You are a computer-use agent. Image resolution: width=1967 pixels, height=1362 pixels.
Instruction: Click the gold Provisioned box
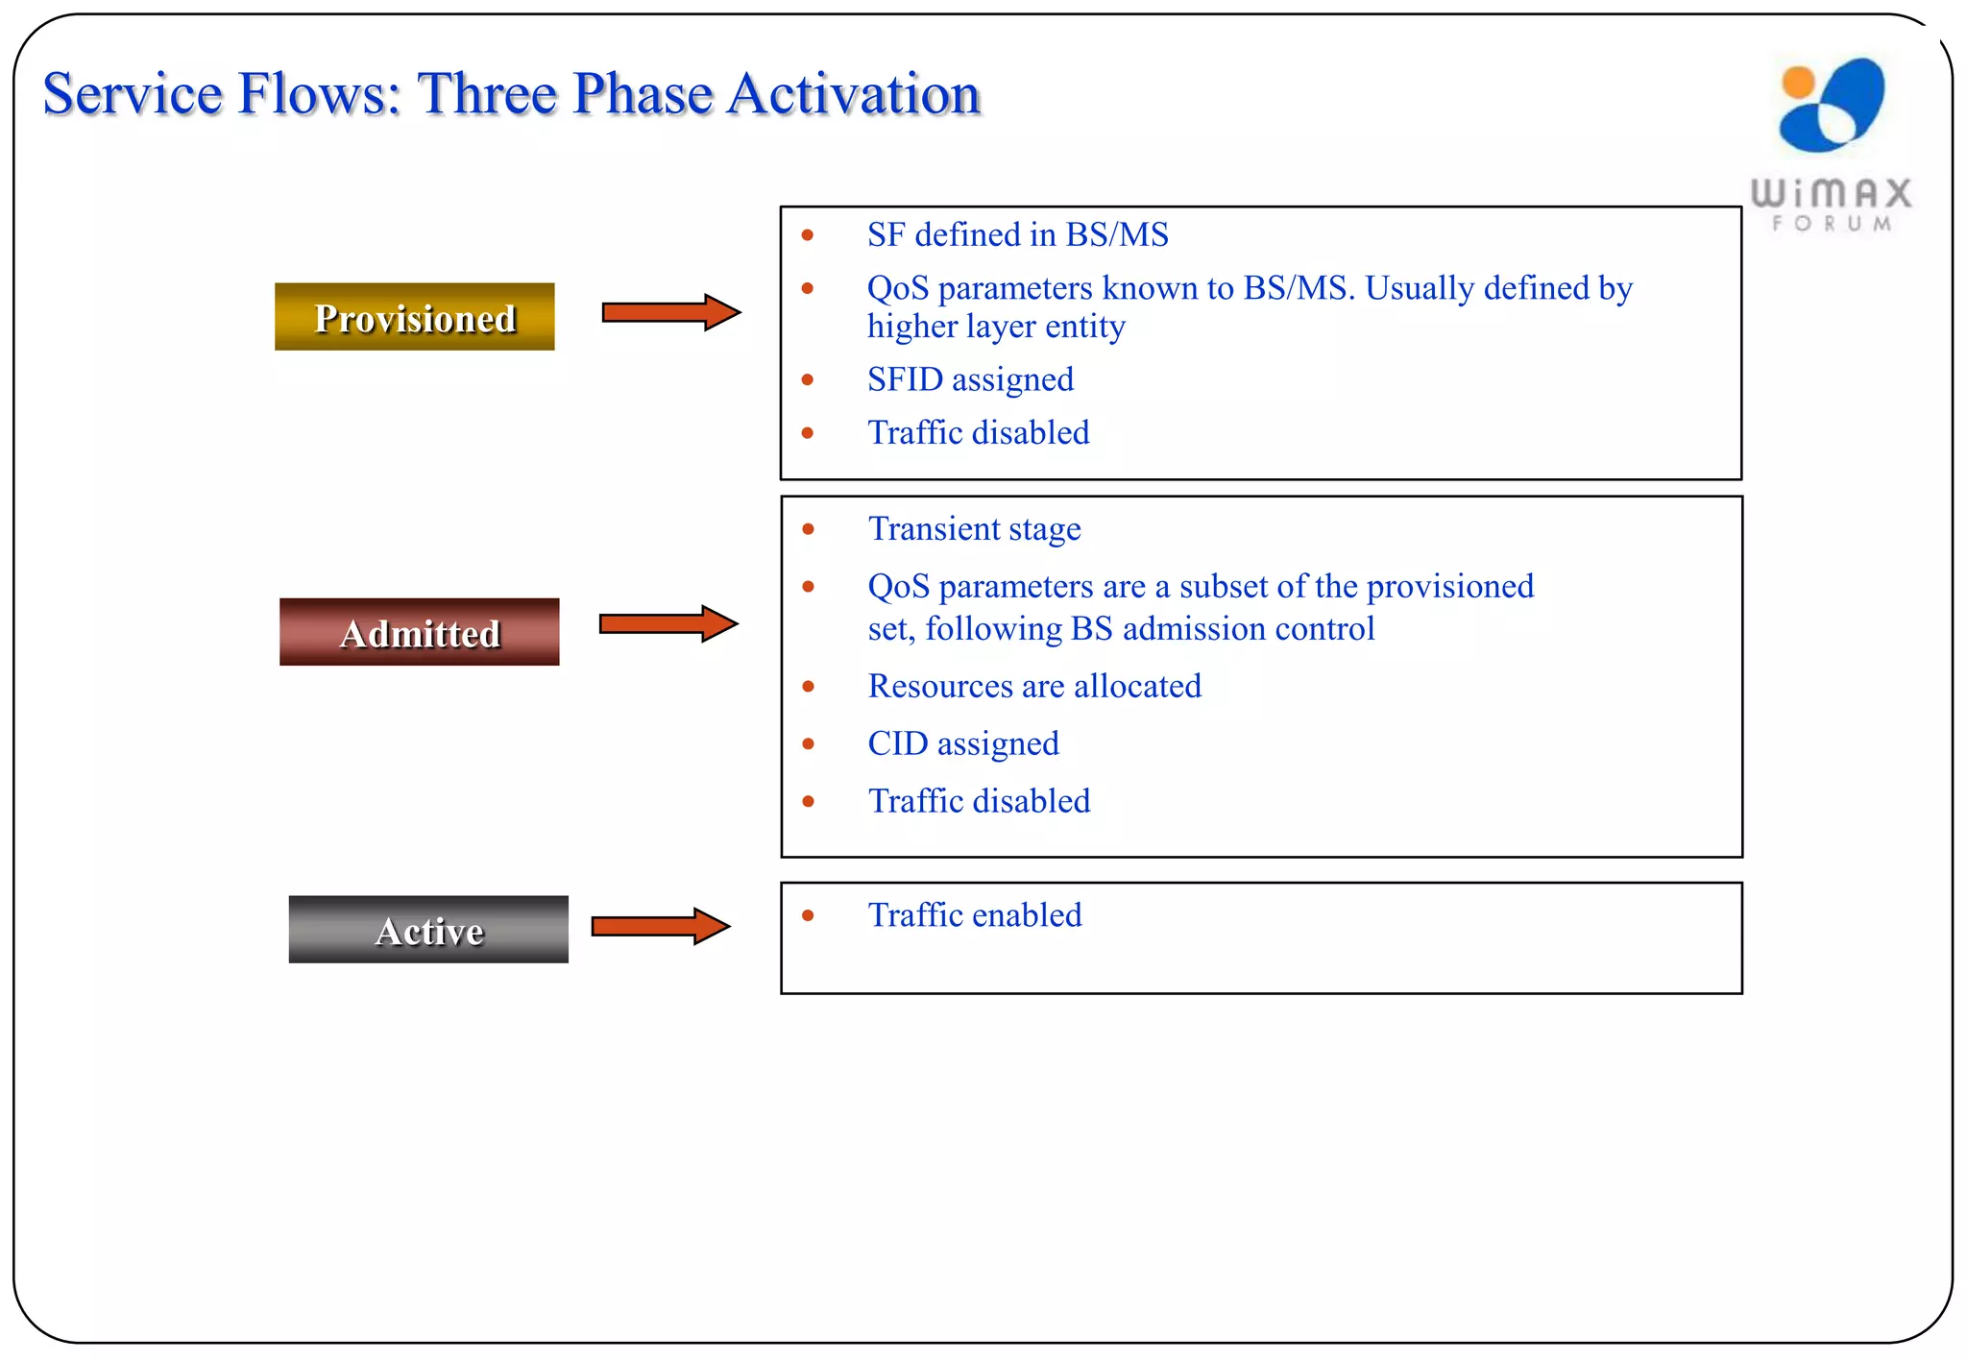[414, 317]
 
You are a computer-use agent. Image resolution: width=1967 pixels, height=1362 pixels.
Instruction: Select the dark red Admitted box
[419, 632]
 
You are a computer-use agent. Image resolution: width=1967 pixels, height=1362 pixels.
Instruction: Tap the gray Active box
[428, 930]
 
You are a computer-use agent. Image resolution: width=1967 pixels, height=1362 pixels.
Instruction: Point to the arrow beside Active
[660, 926]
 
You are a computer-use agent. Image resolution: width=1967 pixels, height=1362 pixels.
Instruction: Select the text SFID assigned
[970, 379]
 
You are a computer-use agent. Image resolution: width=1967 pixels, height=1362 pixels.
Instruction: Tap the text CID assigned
[963, 743]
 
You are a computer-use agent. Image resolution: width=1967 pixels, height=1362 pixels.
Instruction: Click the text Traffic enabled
[975, 915]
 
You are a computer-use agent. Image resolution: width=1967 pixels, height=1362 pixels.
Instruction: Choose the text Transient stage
[974, 529]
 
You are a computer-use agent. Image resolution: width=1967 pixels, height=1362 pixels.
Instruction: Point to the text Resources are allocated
[1034, 686]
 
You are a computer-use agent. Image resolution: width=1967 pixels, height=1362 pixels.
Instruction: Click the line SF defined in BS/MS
[1017, 235]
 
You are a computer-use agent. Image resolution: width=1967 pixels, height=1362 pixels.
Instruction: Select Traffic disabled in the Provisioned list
[979, 433]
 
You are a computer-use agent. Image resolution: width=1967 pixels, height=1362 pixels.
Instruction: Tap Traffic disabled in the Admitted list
[979, 801]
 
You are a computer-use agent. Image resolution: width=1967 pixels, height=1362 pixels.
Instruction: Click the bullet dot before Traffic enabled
[808, 916]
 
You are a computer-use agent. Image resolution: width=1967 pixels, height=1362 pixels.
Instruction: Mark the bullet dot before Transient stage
[808, 529]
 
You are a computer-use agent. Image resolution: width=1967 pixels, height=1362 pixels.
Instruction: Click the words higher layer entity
[995, 327]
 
